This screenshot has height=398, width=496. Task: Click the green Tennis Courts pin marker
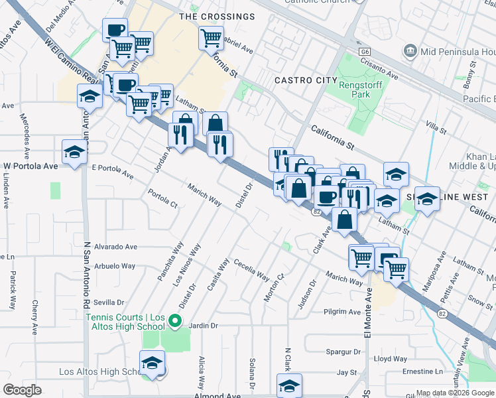(175, 322)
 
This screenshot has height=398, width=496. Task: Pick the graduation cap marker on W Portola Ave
(75, 152)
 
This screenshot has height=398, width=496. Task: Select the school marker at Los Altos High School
(153, 364)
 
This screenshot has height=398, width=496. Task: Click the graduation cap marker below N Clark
(289, 385)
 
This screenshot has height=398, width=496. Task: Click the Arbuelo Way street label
(114, 266)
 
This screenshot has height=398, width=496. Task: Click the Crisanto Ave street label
(379, 68)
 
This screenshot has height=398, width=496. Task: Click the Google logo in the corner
(23, 390)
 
